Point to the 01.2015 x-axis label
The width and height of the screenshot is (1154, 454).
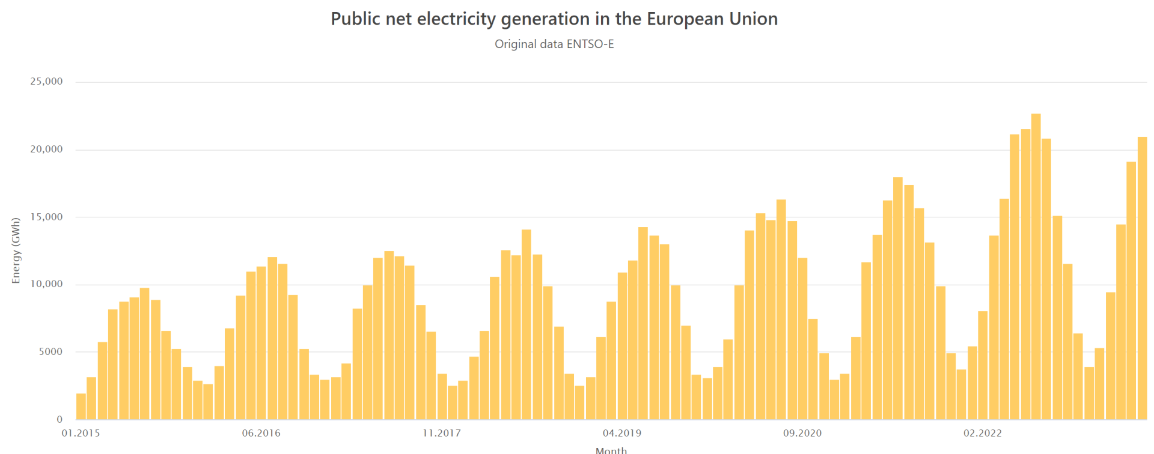[x=81, y=433]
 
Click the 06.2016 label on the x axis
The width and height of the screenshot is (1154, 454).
[x=261, y=433]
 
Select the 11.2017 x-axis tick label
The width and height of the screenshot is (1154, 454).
[x=442, y=433]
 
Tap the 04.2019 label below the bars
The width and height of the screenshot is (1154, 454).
[x=622, y=433]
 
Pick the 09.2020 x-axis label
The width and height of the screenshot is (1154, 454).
[x=802, y=433]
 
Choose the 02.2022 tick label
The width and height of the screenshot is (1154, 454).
[x=983, y=433]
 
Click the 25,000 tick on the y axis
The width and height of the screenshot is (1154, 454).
[x=46, y=82]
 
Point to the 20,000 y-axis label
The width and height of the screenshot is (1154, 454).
[x=46, y=150]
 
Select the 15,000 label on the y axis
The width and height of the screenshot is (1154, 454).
[x=46, y=217]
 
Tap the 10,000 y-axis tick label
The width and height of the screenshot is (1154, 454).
[x=46, y=285]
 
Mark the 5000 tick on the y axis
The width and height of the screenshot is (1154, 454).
[x=50, y=352]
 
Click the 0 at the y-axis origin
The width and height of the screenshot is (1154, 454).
[x=59, y=420]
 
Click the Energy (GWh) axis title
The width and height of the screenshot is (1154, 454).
[x=16, y=250]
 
